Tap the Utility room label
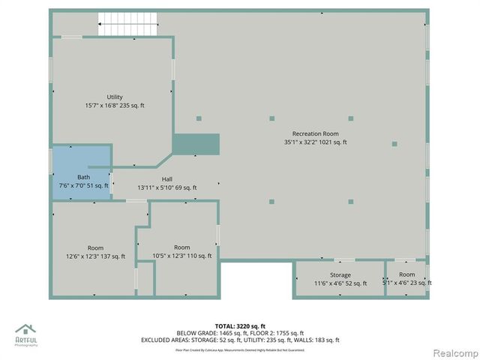point(115,97)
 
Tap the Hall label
point(167,178)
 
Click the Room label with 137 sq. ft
point(95,247)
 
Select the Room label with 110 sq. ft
point(182,247)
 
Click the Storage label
point(340,274)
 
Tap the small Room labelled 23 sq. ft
point(407,274)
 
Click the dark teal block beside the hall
point(196,143)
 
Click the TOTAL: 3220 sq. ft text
point(240,326)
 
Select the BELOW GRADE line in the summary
point(240,333)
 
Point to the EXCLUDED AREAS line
point(240,340)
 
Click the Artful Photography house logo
point(26,331)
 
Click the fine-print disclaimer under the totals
point(240,349)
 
